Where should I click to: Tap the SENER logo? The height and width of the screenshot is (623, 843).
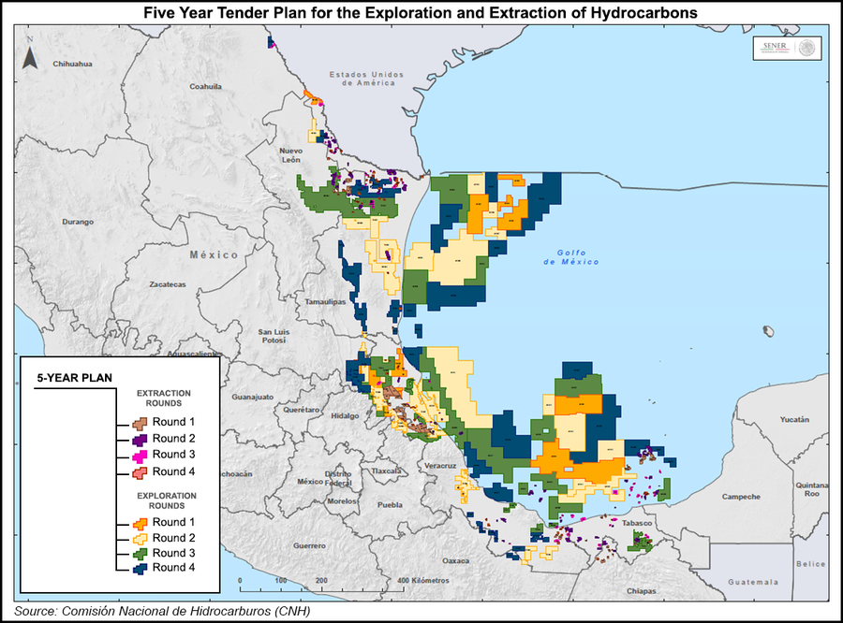785,49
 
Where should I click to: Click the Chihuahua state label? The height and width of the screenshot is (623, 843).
74,64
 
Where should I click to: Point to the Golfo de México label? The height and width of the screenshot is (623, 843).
570,257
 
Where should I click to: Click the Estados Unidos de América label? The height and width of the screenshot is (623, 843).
365,78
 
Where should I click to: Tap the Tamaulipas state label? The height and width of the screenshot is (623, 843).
325,303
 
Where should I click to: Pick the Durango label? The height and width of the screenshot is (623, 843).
79,222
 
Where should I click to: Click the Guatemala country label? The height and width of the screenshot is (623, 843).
754,582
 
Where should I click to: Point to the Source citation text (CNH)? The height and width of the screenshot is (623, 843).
162,611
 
